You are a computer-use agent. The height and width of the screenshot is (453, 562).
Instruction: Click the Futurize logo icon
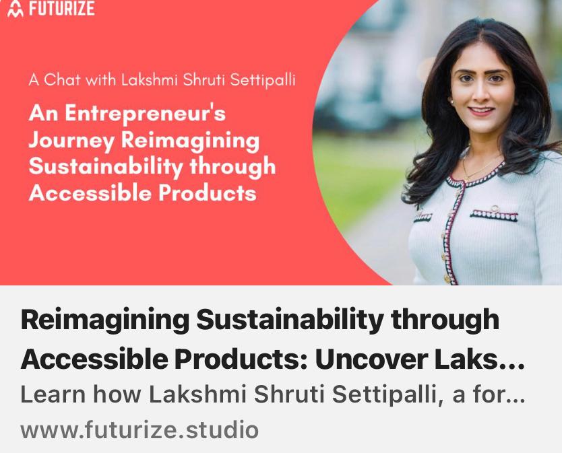click(x=15, y=9)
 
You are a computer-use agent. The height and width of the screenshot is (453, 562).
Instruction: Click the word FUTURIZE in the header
click(x=61, y=8)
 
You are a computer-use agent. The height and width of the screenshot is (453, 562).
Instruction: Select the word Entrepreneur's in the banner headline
click(x=145, y=113)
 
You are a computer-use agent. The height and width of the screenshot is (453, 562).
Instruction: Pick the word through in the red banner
click(x=232, y=167)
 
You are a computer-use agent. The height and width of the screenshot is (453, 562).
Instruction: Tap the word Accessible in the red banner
click(x=90, y=193)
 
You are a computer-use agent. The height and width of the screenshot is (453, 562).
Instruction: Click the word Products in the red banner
click(x=208, y=193)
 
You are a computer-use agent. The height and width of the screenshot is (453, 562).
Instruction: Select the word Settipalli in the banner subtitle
click(x=263, y=79)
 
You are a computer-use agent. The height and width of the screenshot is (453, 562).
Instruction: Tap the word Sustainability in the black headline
click(x=290, y=320)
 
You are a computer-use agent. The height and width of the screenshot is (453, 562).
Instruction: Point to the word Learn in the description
click(x=53, y=394)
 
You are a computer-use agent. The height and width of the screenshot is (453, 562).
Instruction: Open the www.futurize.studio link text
click(x=139, y=429)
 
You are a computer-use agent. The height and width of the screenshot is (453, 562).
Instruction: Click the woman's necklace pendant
click(x=466, y=177)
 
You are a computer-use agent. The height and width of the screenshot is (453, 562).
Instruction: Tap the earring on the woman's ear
click(x=451, y=102)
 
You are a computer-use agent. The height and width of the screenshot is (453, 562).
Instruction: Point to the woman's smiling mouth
click(x=481, y=110)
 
